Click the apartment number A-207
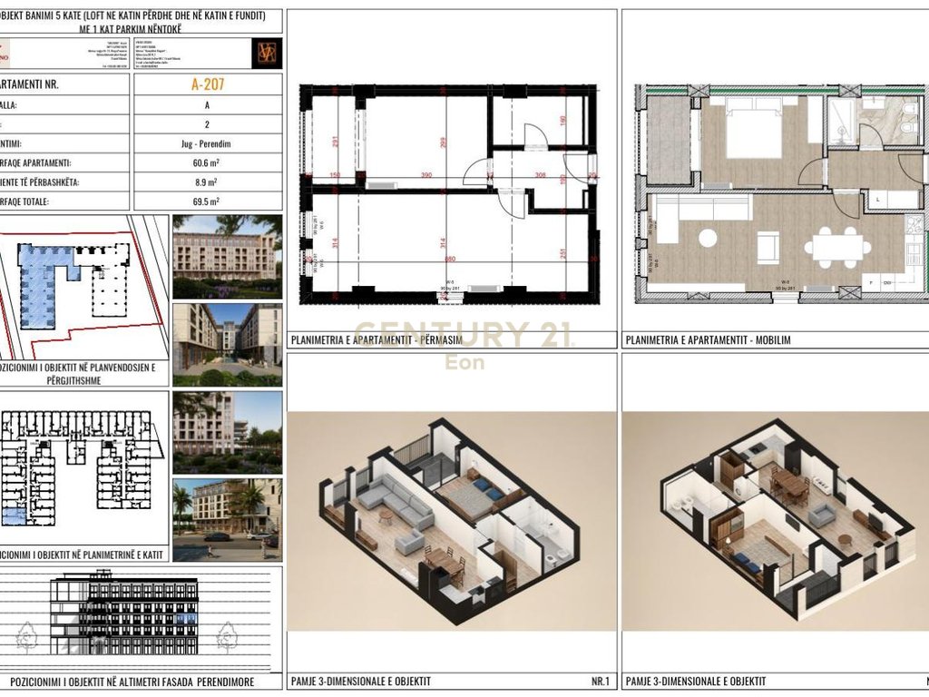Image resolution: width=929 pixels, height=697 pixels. (208, 85)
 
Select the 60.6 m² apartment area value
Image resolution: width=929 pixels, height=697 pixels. (208, 162)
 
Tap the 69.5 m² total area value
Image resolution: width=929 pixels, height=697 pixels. (208, 201)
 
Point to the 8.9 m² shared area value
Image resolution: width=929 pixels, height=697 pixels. (208, 182)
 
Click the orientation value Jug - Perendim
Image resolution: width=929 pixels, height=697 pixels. (208, 143)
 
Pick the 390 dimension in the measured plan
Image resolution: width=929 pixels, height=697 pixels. (426, 175)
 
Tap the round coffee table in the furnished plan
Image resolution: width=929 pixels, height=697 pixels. (707, 238)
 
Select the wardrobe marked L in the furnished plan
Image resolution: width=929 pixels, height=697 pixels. (878, 198)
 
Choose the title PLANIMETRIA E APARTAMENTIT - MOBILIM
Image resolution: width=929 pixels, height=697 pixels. (708, 340)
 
